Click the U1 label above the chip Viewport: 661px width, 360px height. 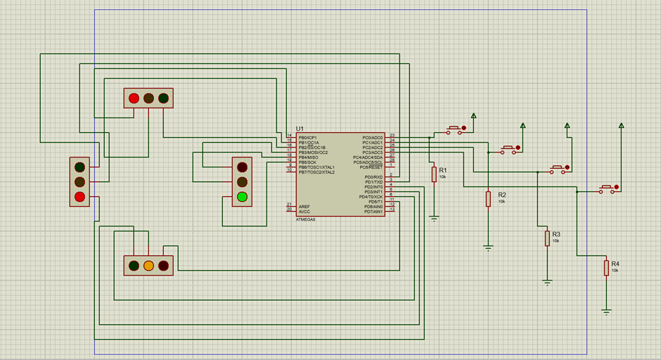click(x=300, y=129)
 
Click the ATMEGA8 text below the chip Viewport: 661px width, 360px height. click(x=306, y=219)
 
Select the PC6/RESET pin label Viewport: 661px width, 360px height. click(x=371, y=167)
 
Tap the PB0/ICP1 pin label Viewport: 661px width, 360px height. click(x=307, y=137)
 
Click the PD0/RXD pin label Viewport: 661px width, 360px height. click(x=373, y=177)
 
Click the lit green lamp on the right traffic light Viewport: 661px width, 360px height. click(x=243, y=196)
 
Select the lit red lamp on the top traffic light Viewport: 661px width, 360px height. click(x=134, y=98)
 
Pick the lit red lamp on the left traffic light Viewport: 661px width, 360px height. click(x=79, y=196)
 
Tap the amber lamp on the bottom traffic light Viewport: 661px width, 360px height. click(x=148, y=266)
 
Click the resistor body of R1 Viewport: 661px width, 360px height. click(x=434, y=174)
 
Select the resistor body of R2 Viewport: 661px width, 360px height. click(x=488, y=199)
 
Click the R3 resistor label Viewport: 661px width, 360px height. click(x=556, y=234)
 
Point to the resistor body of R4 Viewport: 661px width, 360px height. click(x=606, y=268)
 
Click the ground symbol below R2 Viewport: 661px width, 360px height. click(x=488, y=247)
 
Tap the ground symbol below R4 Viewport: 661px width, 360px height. click(x=606, y=309)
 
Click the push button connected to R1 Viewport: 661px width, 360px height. click(x=454, y=130)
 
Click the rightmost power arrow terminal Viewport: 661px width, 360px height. click(x=621, y=125)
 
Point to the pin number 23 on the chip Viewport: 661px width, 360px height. click(x=392, y=135)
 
